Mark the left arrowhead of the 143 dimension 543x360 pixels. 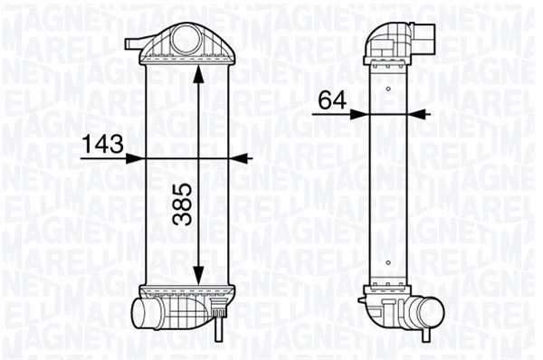[138, 156]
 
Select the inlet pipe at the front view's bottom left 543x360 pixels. [145, 314]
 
